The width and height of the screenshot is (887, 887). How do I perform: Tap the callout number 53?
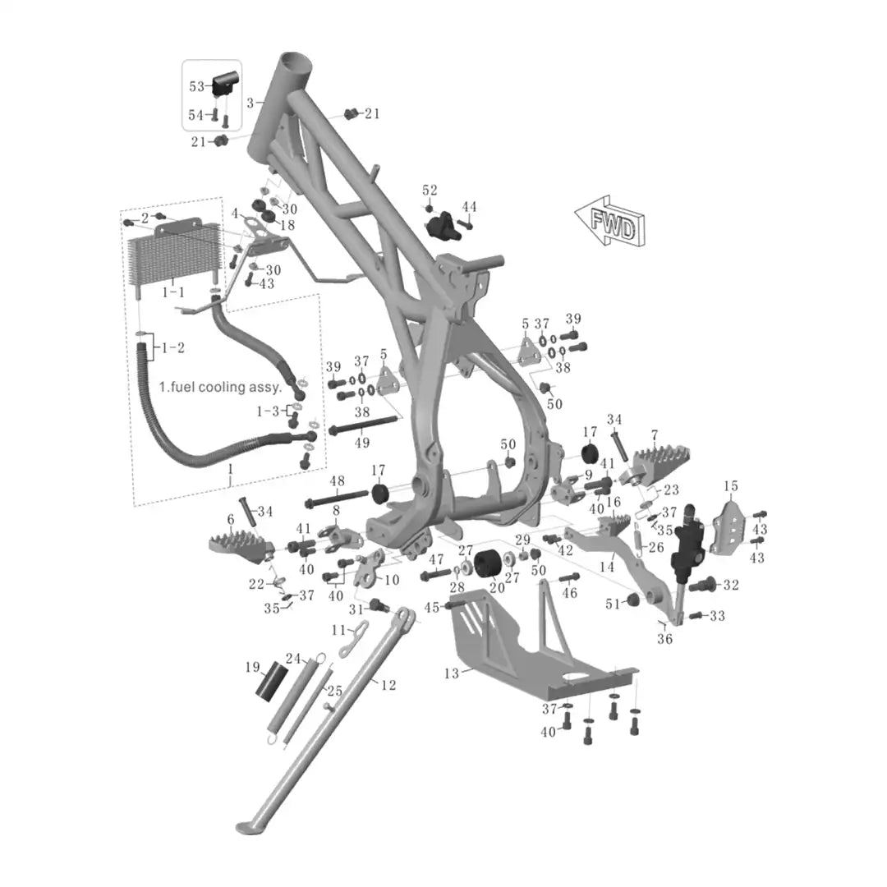(196, 86)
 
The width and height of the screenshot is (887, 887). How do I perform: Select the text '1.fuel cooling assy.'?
(220, 387)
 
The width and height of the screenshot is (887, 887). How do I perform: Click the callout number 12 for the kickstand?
(388, 685)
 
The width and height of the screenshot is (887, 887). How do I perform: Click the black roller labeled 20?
(489, 563)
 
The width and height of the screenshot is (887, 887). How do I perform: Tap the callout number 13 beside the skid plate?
(452, 673)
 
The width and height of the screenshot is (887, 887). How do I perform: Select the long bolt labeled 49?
(363, 425)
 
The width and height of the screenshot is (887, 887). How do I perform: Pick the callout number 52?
(430, 190)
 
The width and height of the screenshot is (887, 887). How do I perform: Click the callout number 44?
(469, 207)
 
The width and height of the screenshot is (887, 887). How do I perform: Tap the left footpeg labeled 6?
(241, 547)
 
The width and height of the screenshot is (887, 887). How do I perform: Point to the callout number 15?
(731, 486)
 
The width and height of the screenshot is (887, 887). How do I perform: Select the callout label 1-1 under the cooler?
(173, 292)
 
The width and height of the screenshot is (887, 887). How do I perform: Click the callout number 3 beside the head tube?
(250, 103)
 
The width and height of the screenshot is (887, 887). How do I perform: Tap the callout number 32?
(731, 585)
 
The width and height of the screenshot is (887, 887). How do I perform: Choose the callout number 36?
(664, 639)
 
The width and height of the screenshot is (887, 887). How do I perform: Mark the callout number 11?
(339, 630)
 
